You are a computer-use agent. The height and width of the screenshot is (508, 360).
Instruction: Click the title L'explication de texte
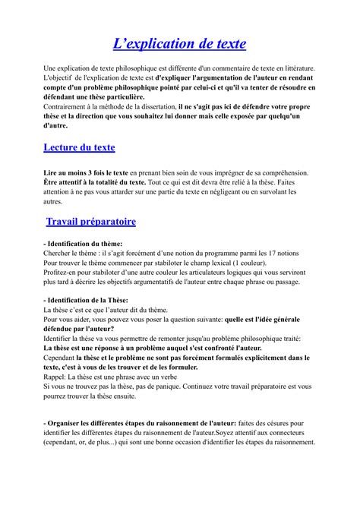pyautogui.click(x=179, y=44)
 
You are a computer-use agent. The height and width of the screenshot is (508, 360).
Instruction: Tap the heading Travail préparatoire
pyautogui.click(x=90, y=222)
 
